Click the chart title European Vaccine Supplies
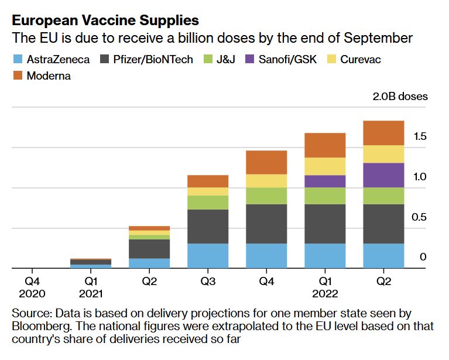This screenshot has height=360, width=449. [x=105, y=20]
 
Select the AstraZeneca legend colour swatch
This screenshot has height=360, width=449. [x=18, y=59]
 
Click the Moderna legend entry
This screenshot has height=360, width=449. [x=49, y=76]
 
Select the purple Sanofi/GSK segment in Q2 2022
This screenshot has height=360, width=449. [x=384, y=175]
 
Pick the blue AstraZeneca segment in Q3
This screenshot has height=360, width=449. [x=208, y=256]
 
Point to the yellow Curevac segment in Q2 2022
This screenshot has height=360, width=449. [x=384, y=154]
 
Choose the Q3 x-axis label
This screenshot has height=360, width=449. [x=208, y=281]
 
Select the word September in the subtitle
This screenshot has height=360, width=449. [x=381, y=39]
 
